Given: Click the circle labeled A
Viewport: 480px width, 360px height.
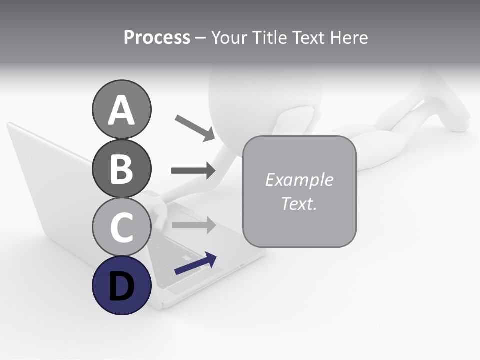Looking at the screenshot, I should coord(121,109).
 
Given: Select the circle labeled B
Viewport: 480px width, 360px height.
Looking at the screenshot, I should coord(121,168).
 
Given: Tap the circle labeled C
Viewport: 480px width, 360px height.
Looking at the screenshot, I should coord(121,227).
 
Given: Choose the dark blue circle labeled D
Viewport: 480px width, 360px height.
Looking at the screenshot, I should coord(121,286).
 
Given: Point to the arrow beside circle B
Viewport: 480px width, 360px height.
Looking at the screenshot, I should coord(193,170).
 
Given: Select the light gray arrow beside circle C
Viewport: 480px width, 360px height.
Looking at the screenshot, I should coord(193,225).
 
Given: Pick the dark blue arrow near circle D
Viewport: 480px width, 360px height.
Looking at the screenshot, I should coord(195,264).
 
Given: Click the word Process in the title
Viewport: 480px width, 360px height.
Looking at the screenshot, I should coord(157,37).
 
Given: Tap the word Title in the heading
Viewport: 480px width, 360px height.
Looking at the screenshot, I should coord(270,37).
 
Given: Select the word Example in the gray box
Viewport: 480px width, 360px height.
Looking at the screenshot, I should coord(299,180).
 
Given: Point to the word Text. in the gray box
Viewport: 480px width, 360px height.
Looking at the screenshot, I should coord(299,203).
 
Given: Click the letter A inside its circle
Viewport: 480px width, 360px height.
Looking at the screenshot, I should coord(121,110).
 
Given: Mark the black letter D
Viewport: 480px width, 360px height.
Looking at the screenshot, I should coord(121,287).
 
